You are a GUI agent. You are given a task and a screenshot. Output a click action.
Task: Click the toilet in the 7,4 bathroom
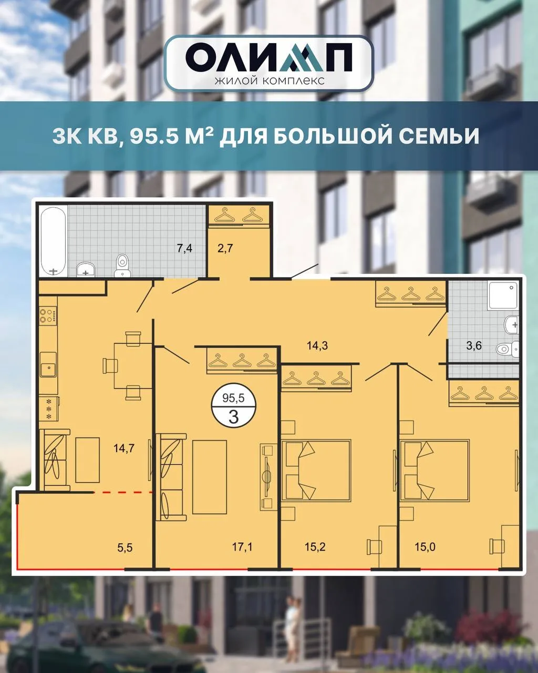[x=122, y=266]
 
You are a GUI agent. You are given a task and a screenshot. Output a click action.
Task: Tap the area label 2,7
[x=225, y=249]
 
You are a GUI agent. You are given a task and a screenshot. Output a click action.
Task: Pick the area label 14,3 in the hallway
[x=317, y=346]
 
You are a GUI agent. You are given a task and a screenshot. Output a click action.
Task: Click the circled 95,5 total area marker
[x=233, y=408]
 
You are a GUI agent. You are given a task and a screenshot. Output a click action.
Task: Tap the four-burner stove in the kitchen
[x=48, y=315]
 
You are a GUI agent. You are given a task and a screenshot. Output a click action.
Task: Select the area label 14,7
[x=124, y=448]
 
